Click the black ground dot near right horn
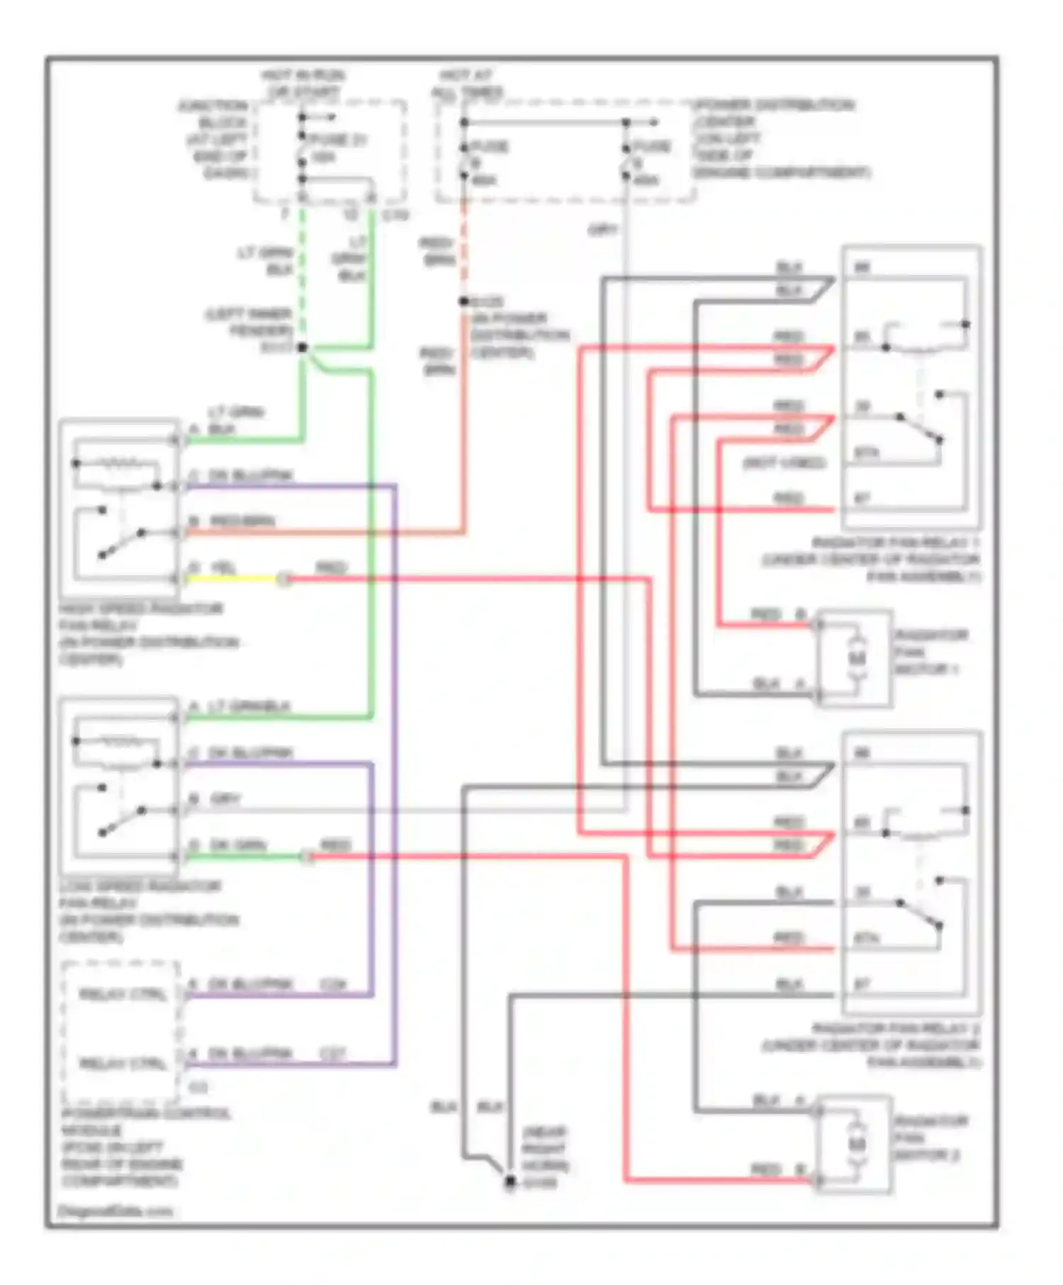(x=510, y=1181)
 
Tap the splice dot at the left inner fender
(x=303, y=347)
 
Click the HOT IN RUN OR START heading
(x=303, y=84)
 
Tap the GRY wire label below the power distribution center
(x=603, y=230)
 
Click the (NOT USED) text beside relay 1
(x=784, y=463)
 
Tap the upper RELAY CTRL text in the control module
(x=123, y=995)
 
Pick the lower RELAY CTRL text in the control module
(x=123, y=1063)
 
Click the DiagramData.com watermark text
(x=115, y=1211)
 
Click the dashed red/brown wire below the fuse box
(x=464, y=248)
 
